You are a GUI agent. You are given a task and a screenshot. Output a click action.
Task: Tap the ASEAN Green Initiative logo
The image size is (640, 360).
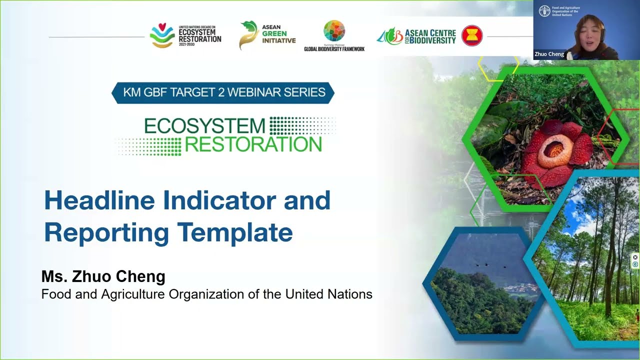(267, 34)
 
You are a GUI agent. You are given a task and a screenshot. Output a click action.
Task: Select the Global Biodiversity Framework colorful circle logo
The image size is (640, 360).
(334, 31)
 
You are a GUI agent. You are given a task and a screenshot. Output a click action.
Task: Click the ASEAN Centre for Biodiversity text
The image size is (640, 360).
(430, 36)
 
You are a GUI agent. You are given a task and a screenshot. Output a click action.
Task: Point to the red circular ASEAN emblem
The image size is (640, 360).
(471, 36)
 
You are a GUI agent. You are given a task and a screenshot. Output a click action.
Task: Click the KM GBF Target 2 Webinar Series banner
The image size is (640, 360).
(223, 92)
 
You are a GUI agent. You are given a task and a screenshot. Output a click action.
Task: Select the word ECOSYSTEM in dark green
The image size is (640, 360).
(204, 126)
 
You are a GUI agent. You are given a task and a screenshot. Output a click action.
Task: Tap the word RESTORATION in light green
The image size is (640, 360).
(253, 145)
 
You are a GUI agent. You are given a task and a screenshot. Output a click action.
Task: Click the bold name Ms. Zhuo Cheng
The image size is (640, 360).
(103, 276)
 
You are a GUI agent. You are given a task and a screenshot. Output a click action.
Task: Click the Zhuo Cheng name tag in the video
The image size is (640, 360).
(549, 54)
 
